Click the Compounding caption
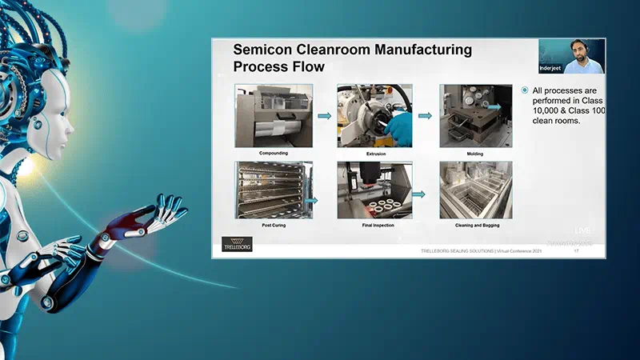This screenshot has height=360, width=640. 273,153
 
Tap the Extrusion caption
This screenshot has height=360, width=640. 375,153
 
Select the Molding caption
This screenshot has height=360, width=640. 475,153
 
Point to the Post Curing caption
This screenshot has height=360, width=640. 273,225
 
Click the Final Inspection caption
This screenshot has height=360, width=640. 375,225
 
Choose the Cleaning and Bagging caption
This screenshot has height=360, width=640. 475,225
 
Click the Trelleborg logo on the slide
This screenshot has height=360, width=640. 236,244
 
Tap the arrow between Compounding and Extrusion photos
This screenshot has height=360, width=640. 324,116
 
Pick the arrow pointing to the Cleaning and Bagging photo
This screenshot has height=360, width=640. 418,193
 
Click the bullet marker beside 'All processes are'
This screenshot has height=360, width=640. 525,90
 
